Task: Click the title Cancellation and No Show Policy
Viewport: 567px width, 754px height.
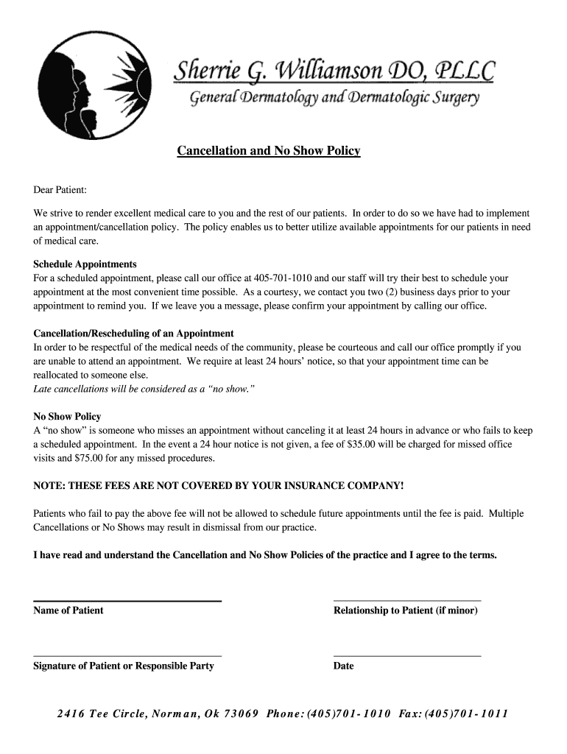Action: click(268, 151)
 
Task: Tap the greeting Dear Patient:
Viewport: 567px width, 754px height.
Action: click(60, 190)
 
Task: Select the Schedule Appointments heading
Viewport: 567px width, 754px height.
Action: click(85, 264)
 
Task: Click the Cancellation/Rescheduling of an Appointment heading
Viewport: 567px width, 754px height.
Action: click(133, 334)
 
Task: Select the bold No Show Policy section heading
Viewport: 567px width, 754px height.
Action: click(67, 417)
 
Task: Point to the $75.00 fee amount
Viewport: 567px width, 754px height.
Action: click(90, 458)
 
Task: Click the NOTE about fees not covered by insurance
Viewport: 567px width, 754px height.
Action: click(219, 486)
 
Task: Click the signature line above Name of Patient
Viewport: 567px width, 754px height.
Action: click(127, 601)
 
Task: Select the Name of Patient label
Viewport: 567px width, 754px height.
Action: click(68, 610)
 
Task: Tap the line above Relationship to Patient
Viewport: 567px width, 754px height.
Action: click(407, 601)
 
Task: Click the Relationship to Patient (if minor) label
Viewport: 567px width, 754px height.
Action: click(406, 610)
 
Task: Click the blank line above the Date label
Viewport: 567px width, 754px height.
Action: click(407, 655)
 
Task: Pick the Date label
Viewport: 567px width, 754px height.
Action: click(343, 666)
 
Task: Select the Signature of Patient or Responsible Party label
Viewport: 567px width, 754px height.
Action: click(124, 666)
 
